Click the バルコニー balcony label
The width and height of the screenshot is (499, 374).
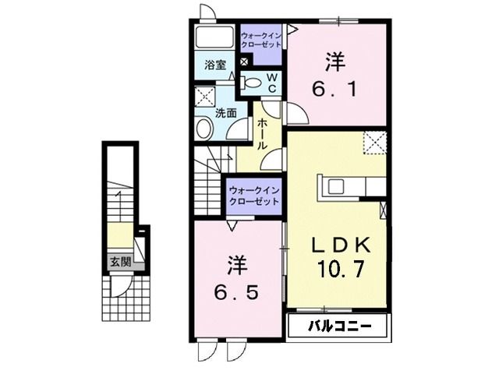tap(338, 325)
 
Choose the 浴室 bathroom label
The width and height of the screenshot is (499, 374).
tap(216, 65)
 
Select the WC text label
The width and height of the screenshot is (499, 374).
tap(273, 83)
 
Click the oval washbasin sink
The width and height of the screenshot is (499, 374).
tap(205, 129)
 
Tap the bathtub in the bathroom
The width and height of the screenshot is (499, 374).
tap(214, 39)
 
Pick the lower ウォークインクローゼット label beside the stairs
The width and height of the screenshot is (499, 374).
tap(254, 196)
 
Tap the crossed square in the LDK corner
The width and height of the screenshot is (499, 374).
tap(375, 143)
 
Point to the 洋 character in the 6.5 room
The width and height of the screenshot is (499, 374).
tap(237, 265)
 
